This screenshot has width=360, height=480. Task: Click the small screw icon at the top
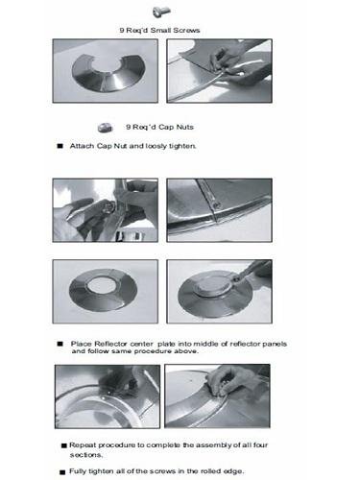[x=161, y=12]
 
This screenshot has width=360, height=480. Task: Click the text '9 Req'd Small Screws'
[x=159, y=31]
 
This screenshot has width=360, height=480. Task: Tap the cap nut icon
[x=106, y=128]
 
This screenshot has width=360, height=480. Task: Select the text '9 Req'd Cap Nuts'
[x=159, y=127]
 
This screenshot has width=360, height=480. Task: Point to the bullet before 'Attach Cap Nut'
[x=60, y=146]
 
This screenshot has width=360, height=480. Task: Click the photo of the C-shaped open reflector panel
[x=106, y=71]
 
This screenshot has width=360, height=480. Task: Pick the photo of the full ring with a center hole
[x=106, y=292]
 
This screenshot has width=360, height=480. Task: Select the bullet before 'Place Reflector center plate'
[x=60, y=344]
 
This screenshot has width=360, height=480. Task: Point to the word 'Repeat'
[x=81, y=445]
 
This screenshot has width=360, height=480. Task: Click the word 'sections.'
[x=86, y=455]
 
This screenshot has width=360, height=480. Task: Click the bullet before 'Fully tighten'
[x=62, y=472]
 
